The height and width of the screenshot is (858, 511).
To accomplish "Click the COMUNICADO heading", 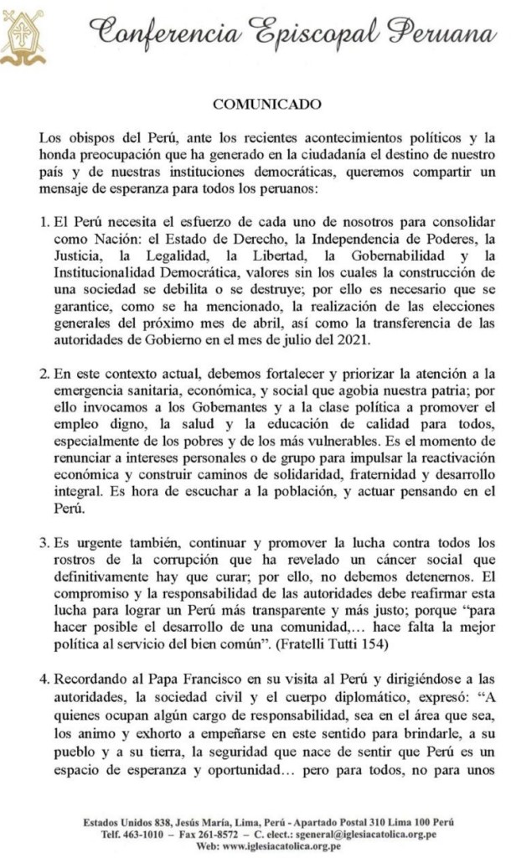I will [255, 105].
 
